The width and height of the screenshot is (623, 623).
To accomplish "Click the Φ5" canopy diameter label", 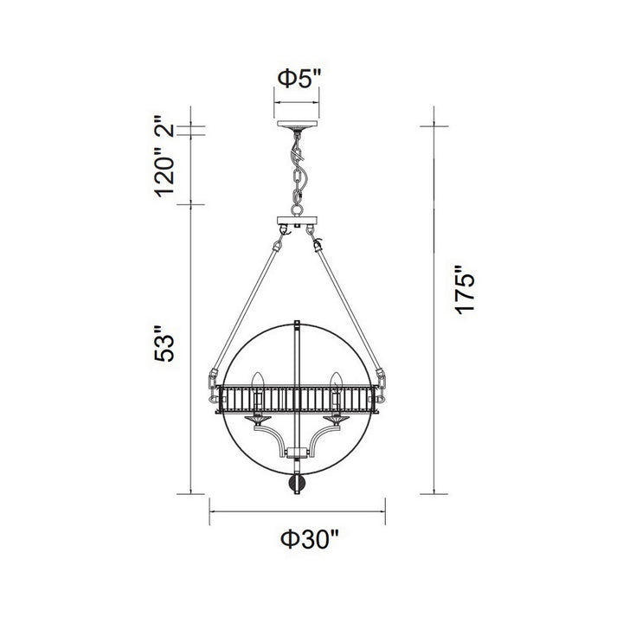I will click(x=299, y=80).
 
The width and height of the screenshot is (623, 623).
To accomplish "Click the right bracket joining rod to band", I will click(x=379, y=381).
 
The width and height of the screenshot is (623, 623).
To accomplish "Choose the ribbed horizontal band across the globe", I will click(x=296, y=401).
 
